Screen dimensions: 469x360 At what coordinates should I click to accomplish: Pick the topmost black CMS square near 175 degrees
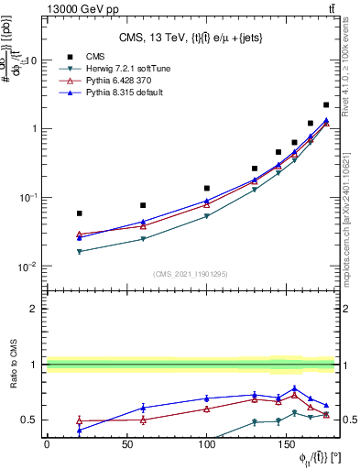(x=327, y=105)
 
